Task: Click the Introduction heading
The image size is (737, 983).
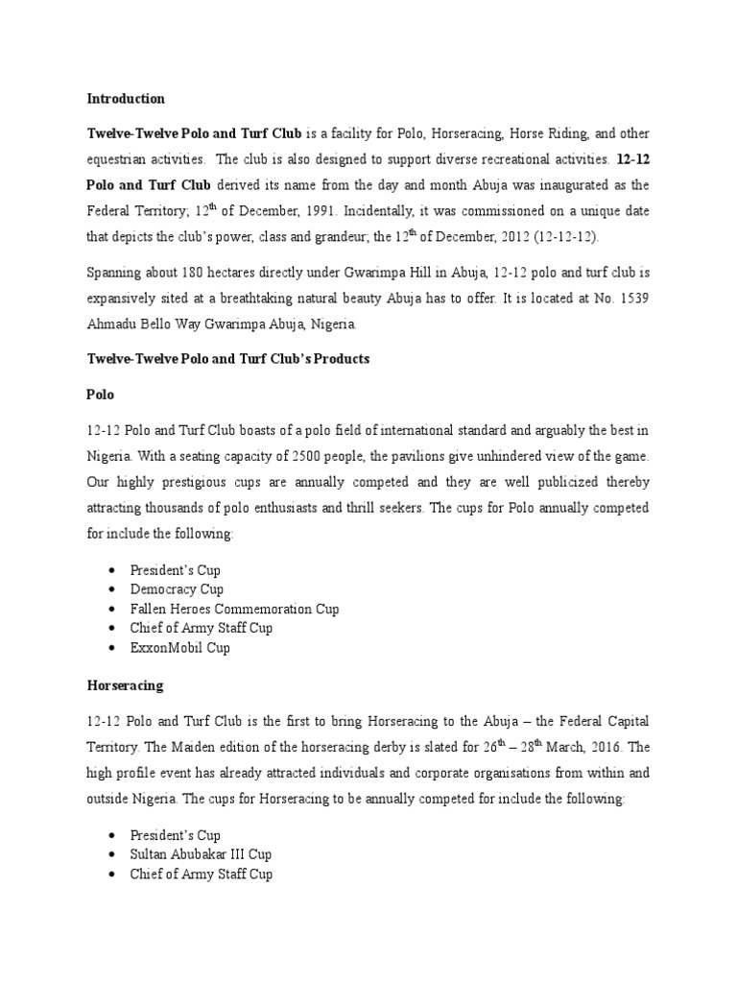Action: (x=126, y=99)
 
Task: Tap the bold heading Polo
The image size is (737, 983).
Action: (x=101, y=396)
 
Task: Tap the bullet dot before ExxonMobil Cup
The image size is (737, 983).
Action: (x=112, y=648)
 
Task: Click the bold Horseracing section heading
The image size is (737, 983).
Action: (x=125, y=686)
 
